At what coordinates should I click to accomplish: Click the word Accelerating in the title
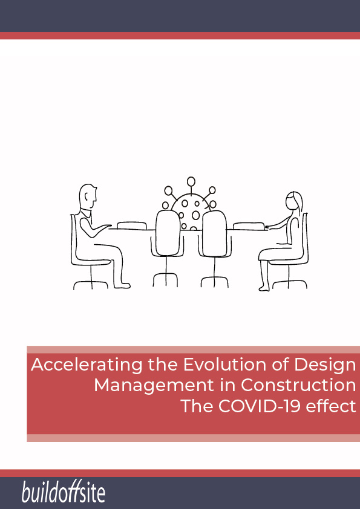click(87, 365)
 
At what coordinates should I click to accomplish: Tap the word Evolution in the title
click(225, 365)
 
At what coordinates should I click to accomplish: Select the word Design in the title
click(325, 365)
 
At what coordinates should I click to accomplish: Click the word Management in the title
click(154, 386)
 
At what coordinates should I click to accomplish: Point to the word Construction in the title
click(298, 385)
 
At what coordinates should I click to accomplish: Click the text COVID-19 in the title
click(260, 406)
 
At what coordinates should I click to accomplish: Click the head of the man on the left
click(88, 196)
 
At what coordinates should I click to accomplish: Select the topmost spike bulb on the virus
click(191, 181)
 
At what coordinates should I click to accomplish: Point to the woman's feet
click(264, 288)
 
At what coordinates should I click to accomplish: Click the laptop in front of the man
click(131, 225)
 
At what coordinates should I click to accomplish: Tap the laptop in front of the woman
click(249, 225)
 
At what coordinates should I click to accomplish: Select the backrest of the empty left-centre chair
click(168, 232)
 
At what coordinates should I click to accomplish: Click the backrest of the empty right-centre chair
click(214, 233)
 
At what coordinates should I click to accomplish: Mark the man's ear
click(87, 196)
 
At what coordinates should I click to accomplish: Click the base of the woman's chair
click(289, 284)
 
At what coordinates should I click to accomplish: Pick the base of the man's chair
click(91, 285)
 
